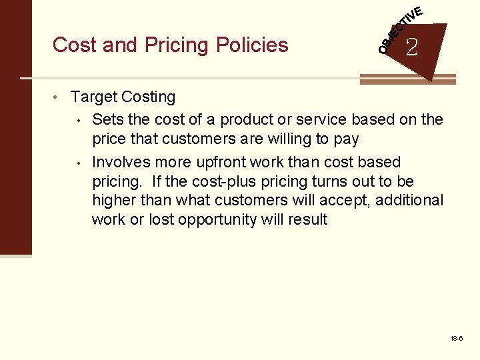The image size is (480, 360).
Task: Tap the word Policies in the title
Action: pyautogui.click(x=252, y=45)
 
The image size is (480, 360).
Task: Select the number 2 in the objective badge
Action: pyautogui.click(x=412, y=47)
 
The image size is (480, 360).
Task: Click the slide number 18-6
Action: pyautogui.click(x=457, y=339)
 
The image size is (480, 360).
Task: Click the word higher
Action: pyautogui.click(x=113, y=200)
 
